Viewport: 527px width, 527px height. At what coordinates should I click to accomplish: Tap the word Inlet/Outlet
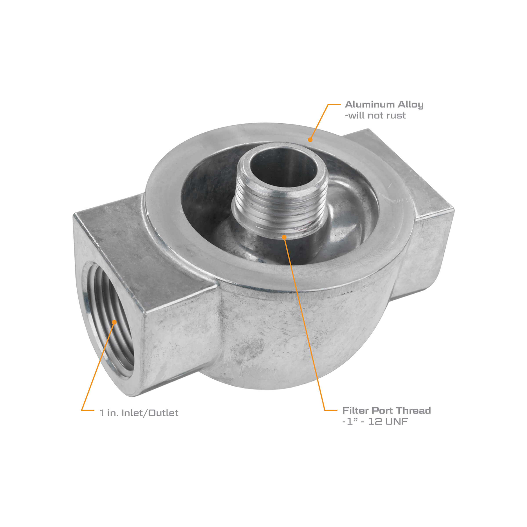[150, 413]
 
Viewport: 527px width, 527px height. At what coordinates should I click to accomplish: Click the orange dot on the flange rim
[310, 140]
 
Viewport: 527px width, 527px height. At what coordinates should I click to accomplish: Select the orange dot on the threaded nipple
[284, 237]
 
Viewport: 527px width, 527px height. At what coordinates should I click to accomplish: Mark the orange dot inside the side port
[114, 322]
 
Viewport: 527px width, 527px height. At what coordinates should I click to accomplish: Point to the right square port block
[426, 232]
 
